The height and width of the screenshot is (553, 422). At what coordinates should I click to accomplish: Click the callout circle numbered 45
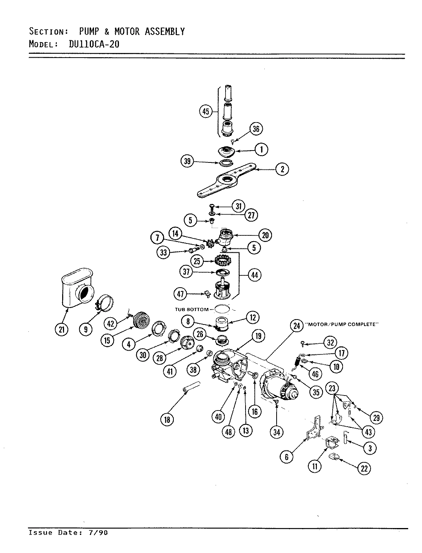pyautogui.click(x=206, y=111)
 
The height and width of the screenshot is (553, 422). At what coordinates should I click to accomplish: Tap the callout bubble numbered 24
pyautogui.click(x=296, y=326)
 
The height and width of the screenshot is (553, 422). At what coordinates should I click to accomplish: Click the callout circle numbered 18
pyautogui.click(x=167, y=420)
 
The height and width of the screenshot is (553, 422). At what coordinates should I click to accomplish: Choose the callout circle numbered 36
pyautogui.click(x=256, y=129)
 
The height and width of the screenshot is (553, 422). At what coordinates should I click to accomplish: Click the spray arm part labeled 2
pyautogui.click(x=226, y=181)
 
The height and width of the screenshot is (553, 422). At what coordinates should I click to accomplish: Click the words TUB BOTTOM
pyautogui.click(x=192, y=310)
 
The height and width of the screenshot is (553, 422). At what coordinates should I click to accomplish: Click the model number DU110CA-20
pyautogui.click(x=94, y=44)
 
